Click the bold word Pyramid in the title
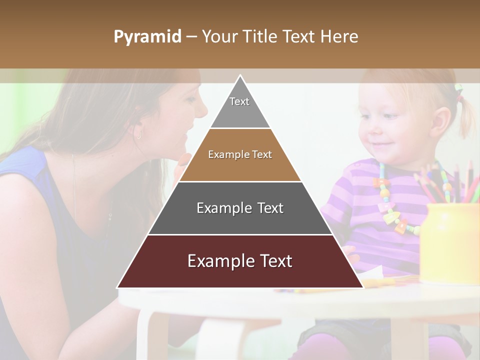(147, 37)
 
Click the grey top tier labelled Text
(239, 107)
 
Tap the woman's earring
(138, 134)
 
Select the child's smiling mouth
(382, 144)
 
